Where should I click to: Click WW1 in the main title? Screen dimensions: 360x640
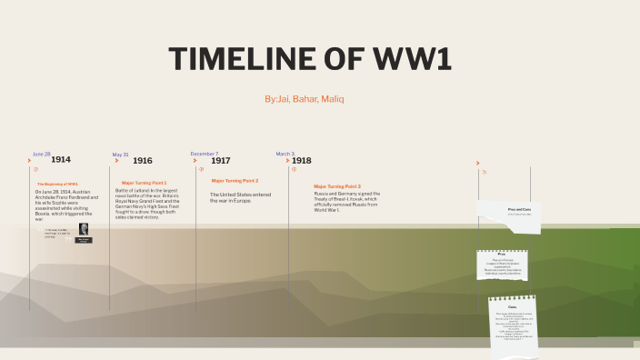(x=414, y=60)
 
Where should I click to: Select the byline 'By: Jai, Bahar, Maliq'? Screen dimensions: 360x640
(x=305, y=98)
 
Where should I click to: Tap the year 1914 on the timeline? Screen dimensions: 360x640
(x=61, y=160)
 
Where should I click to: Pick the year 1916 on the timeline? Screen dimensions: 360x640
(x=143, y=161)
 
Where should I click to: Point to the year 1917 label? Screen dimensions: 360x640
(x=221, y=161)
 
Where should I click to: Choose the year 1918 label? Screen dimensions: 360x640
(x=302, y=161)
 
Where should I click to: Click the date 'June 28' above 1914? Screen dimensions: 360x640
(x=42, y=154)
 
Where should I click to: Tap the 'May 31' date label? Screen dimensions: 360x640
(x=121, y=155)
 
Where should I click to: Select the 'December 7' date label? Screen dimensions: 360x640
(x=205, y=154)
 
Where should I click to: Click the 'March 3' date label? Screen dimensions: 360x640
(x=285, y=154)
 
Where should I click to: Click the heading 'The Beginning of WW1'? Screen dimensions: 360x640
(x=57, y=185)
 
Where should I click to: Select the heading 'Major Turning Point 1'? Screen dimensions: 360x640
(x=144, y=183)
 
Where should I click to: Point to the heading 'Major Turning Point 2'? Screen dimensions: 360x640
(x=235, y=181)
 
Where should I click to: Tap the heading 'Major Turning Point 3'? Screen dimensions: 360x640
(x=337, y=186)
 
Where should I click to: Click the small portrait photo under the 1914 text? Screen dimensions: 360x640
(x=84, y=229)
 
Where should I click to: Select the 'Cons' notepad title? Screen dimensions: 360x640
(x=512, y=307)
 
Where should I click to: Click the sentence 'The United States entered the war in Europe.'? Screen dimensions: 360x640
(x=240, y=197)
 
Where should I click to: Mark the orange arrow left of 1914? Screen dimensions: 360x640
(x=30, y=161)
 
